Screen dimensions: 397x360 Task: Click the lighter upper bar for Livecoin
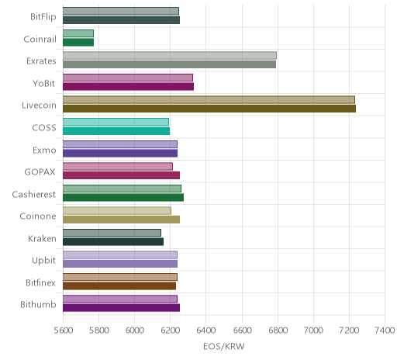209,100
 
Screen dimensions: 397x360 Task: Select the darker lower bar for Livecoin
209,109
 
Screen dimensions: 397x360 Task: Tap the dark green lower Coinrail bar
78,43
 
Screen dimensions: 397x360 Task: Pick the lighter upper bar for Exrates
170,56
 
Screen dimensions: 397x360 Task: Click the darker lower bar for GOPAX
121,175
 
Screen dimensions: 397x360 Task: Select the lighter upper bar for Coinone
117,211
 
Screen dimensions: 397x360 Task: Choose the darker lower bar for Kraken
113,242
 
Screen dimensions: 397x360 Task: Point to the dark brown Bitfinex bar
119,286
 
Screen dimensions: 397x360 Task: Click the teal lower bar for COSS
116,131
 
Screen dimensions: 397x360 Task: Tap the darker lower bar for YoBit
128,87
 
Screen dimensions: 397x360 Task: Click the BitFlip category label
43,16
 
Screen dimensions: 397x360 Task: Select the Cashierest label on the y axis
34,194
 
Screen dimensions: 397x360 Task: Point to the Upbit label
43,260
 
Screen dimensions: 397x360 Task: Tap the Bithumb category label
38,304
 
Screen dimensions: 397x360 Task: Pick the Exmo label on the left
44,150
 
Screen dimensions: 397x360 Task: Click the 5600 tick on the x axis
64,331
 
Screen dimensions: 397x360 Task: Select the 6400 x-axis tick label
206,331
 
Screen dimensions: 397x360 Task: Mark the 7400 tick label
385,331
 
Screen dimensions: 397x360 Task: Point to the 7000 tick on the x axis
313,331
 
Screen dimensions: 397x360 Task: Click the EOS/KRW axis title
224,346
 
